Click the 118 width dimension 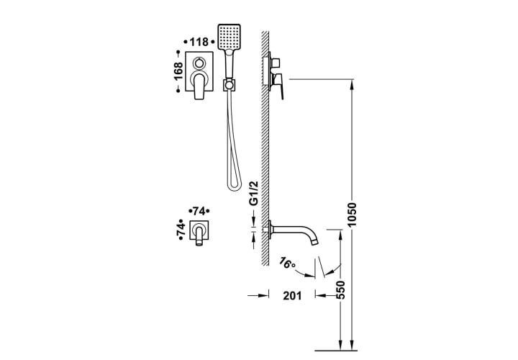click(x=199, y=42)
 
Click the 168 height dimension click(x=178, y=71)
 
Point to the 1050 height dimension click(x=352, y=215)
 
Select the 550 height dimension click(x=340, y=290)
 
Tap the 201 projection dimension click(x=292, y=295)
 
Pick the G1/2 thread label click(x=253, y=194)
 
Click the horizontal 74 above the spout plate click(x=199, y=211)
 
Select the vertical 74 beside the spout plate click(x=181, y=230)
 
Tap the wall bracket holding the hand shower click(x=229, y=85)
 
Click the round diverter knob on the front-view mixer click(x=199, y=63)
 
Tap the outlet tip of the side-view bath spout click(x=315, y=243)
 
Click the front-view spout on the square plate click(x=199, y=234)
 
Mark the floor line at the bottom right click(x=336, y=350)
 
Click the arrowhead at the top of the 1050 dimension click(x=352, y=85)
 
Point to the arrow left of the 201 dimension click(x=259, y=295)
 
